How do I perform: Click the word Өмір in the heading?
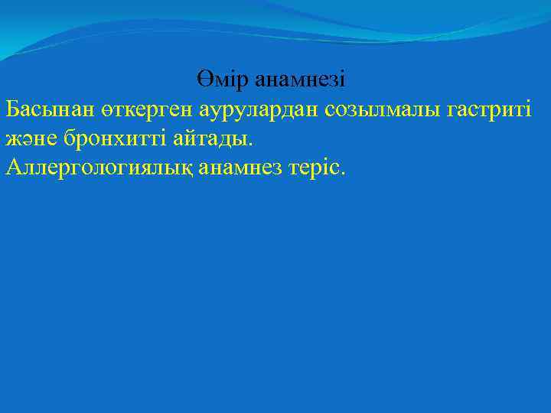click(223, 79)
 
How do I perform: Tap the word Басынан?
click(48, 109)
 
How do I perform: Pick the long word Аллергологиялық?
click(99, 168)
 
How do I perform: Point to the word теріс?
click(316, 168)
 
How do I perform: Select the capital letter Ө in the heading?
click(203, 79)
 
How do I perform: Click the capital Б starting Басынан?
click(12, 109)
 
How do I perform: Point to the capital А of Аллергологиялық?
click(13, 167)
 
